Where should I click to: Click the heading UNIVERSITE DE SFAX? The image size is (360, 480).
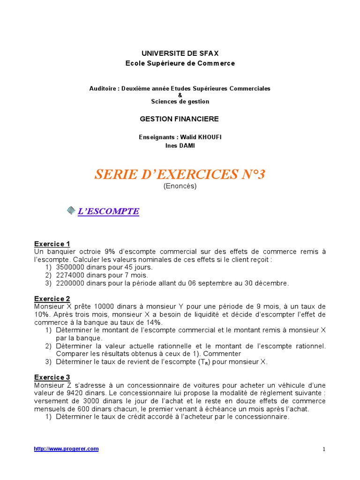click(180, 53)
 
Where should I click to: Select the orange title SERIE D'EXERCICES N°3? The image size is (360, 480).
click(180, 174)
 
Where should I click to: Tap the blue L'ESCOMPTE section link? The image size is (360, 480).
click(108, 211)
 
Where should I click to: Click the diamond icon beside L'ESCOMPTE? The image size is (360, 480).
click(71, 211)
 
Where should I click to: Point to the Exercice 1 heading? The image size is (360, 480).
click(52, 244)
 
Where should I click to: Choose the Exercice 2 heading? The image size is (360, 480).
click(52, 299)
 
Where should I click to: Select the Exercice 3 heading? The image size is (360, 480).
click(52, 377)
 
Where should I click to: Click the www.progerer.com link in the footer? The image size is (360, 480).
click(67, 449)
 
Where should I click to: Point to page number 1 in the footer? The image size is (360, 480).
click(323, 449)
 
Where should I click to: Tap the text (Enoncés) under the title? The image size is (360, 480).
click(180, 186)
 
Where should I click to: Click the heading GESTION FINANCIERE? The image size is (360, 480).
click(180, 119)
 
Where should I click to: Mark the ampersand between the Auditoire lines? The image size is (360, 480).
click(180, 95)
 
